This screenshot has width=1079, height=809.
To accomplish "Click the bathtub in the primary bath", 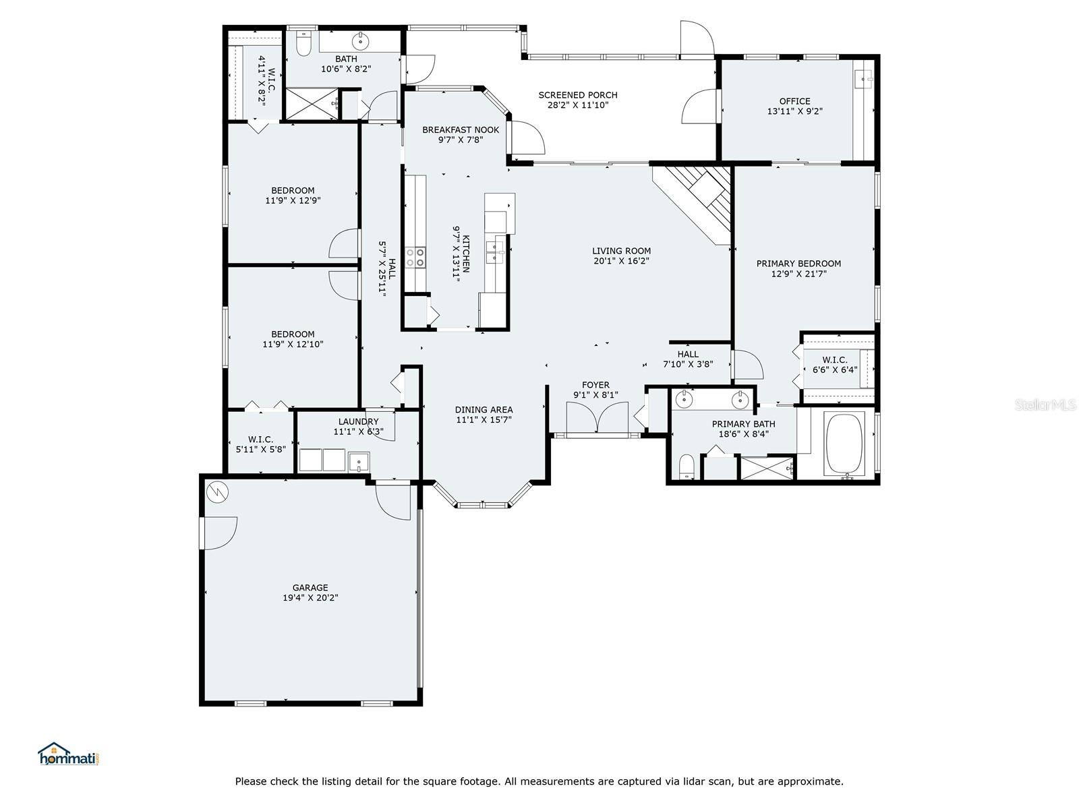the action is [x=844, y=444].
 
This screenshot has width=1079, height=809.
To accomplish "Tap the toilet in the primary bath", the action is [x=687, y=466].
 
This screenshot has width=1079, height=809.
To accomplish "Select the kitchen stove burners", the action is [x=415, y=258].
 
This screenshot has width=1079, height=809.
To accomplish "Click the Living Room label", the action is [x=621, y=251].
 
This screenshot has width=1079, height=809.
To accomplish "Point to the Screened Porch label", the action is [x=577, y=95].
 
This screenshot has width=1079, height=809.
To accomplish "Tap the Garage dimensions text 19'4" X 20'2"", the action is [x=310, y=598].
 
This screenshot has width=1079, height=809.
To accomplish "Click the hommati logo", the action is [x=69, y=754].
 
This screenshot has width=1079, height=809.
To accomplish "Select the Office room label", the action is [x=795, y=101].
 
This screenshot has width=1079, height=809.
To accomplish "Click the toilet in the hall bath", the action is [x=303, y=44].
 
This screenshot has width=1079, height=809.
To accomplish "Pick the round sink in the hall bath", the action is [x=361, y=40].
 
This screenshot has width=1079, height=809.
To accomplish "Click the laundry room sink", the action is [x=359, y=462].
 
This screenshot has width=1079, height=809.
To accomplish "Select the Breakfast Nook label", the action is [x=461, y=129].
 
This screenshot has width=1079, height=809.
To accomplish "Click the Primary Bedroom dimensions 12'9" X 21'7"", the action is [x=799, y=274].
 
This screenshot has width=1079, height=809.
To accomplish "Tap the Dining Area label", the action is [x=484, y=410].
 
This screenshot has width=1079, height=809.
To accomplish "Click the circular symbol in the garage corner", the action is [x=216, y=491].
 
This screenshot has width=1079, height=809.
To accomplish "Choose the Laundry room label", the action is [x=358, y=421].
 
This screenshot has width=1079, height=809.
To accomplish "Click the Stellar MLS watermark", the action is [x=1045, y=405].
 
